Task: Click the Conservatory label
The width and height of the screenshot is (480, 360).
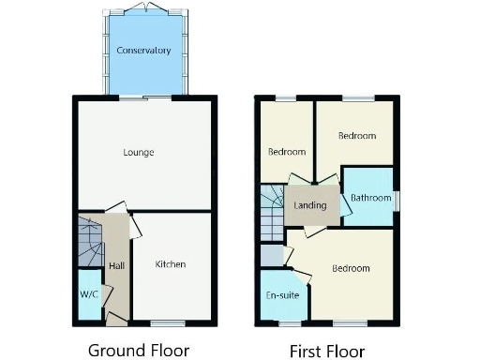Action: (x=143, y=50)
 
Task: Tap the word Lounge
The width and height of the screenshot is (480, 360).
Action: (x=139, y=152)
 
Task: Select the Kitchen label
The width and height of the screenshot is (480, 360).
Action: (x=171, y=264)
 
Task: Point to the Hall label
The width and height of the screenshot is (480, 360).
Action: (x=116, y=266)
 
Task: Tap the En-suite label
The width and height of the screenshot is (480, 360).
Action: (x=282, y=295)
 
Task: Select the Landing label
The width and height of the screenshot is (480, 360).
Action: (x=309, y=205)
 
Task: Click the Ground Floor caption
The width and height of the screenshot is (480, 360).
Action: (x=139, y=351)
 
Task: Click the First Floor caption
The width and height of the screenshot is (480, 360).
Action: (x=326, y=351)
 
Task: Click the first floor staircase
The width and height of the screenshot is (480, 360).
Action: (x=271, y=209)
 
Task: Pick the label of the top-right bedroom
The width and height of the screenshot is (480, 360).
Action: (x=356, y=136)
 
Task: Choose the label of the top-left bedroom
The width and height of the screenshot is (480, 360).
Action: (x=287, y=152)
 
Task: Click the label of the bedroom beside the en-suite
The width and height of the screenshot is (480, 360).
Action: (x=351, y=269)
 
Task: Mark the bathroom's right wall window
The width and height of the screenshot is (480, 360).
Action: (x=396, y=199)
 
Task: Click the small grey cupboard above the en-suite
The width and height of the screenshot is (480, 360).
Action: (x=271, y=254)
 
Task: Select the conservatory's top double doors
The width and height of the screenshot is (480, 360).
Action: (x=143, y=8)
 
